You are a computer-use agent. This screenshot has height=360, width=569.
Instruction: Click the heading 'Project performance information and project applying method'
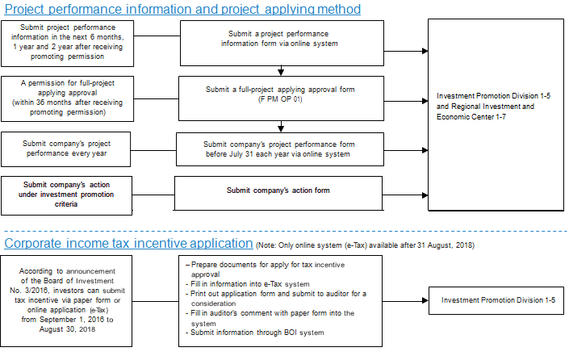tap(182, 9)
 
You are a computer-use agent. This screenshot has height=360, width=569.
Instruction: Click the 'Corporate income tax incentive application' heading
tap(128, 243)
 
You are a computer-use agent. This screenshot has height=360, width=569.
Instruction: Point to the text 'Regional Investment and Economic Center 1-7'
tap(485, 111)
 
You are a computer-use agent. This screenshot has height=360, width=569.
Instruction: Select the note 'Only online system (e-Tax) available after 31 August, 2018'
tap(365, 245)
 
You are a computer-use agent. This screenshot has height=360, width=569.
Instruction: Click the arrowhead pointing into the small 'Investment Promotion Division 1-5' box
tap(425, 300)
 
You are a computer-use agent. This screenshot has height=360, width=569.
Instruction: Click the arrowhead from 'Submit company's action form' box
tap(425, 195)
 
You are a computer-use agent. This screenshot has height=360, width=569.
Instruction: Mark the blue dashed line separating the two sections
tap(286, 231)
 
